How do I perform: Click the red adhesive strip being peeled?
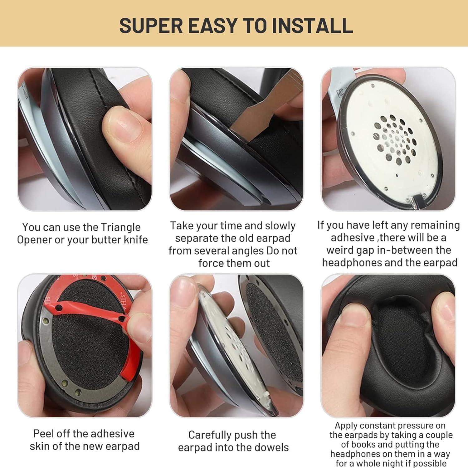coord(94,315)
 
